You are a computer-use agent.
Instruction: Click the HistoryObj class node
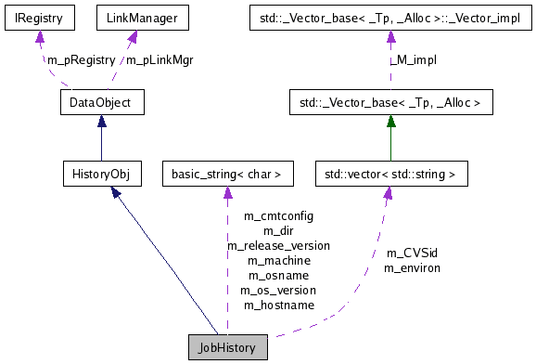tap(100, 174)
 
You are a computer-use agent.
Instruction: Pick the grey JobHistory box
tap(227, 346)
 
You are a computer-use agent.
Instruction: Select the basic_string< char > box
tap(227, 174)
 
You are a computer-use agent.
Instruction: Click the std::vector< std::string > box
tap(390, 174)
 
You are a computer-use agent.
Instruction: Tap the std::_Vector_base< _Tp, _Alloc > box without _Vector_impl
tap(390, 102)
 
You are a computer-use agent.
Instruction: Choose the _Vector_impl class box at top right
tap(390, 17)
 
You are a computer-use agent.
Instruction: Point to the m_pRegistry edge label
tap(80, 60)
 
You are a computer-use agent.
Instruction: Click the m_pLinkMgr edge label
tap(160, 60)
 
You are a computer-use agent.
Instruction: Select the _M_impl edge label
tap(414, 60)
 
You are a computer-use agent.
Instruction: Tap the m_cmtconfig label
tap(278, 215)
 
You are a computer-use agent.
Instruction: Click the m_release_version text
tap(278, 245)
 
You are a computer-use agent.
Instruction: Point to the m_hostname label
tap(278, 305)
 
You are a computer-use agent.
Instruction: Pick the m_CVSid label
tap(412, 253)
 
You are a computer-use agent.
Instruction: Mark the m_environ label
tap(412, 267)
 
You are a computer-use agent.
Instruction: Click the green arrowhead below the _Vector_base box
tap(390, 122)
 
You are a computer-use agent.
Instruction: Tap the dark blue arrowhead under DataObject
tap(100, 122)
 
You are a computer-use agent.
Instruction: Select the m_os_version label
tap(278, 290)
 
